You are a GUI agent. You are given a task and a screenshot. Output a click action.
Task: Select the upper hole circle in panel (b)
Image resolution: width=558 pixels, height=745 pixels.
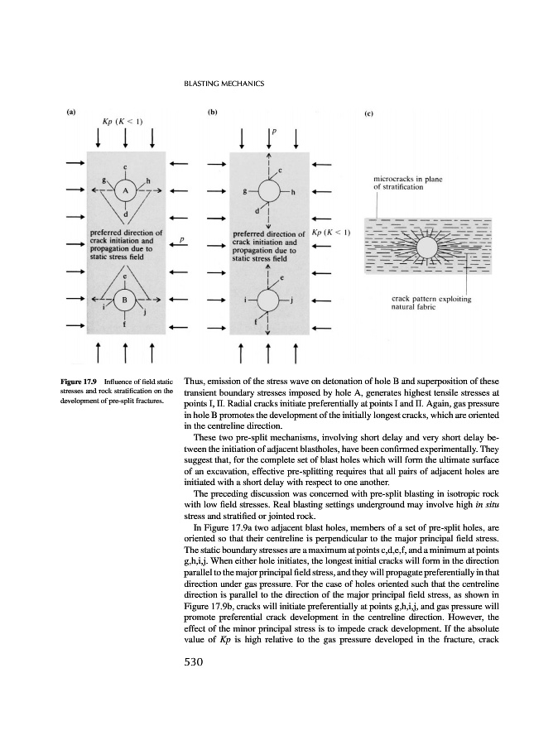[268, 191]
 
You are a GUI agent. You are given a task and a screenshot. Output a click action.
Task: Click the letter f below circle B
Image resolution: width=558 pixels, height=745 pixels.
[126, 324]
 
